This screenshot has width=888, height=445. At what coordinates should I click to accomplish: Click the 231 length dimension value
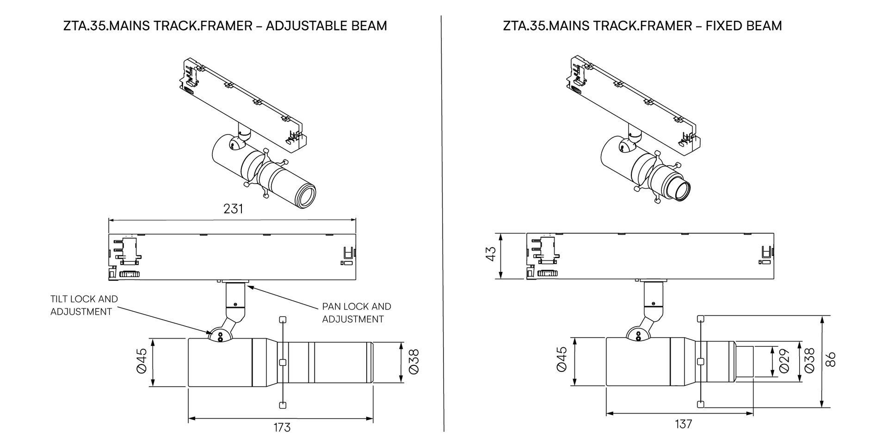coord(233,209)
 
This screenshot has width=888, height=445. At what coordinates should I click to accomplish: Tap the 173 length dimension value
coord(282,427)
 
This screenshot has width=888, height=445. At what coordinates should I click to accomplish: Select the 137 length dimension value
coord(683,424)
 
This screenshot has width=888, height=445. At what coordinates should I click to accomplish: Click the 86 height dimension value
coord(831,359)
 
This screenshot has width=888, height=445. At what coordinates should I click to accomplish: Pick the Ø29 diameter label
coord(783,361)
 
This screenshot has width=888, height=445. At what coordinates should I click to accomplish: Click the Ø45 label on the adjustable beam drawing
coord(142,361)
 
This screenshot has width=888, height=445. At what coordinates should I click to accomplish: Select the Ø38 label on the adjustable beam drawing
coord(414,361)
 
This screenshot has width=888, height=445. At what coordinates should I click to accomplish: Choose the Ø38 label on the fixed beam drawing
coord(809,361)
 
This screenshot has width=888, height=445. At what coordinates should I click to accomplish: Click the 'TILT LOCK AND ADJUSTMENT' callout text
coord(84,305)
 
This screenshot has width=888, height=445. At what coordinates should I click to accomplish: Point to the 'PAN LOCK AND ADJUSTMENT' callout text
coord(356,313)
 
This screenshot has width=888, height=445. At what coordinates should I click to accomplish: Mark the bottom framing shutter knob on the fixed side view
coord(701,404)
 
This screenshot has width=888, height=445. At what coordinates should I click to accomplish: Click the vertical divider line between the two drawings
coord(443,222)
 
